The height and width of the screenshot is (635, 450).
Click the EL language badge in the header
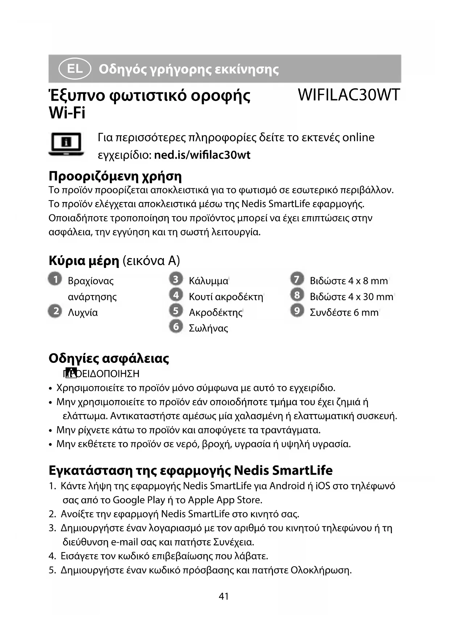[75, 69]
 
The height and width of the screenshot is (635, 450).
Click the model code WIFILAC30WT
[348, 95]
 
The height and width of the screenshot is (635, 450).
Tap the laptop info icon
[66, 144]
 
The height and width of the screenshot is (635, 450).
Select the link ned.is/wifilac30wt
[202, 155]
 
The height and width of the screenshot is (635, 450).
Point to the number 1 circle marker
[55, 279]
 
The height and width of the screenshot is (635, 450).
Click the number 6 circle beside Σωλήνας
[176, 327]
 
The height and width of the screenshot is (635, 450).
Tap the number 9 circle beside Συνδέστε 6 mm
[297, 311]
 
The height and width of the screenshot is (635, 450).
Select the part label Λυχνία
[83, 312]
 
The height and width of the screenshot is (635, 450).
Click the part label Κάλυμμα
[209, 281]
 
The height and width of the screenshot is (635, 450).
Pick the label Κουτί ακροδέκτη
[226, 297]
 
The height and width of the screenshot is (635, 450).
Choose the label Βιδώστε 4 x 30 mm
[351, 297]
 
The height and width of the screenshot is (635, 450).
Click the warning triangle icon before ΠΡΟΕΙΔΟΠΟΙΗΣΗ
[72, 373]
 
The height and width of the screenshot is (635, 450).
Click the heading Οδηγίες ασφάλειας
[109, 358]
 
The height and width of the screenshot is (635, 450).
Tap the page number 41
[224, 596]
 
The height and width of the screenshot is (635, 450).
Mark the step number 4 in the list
[52, 556]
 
